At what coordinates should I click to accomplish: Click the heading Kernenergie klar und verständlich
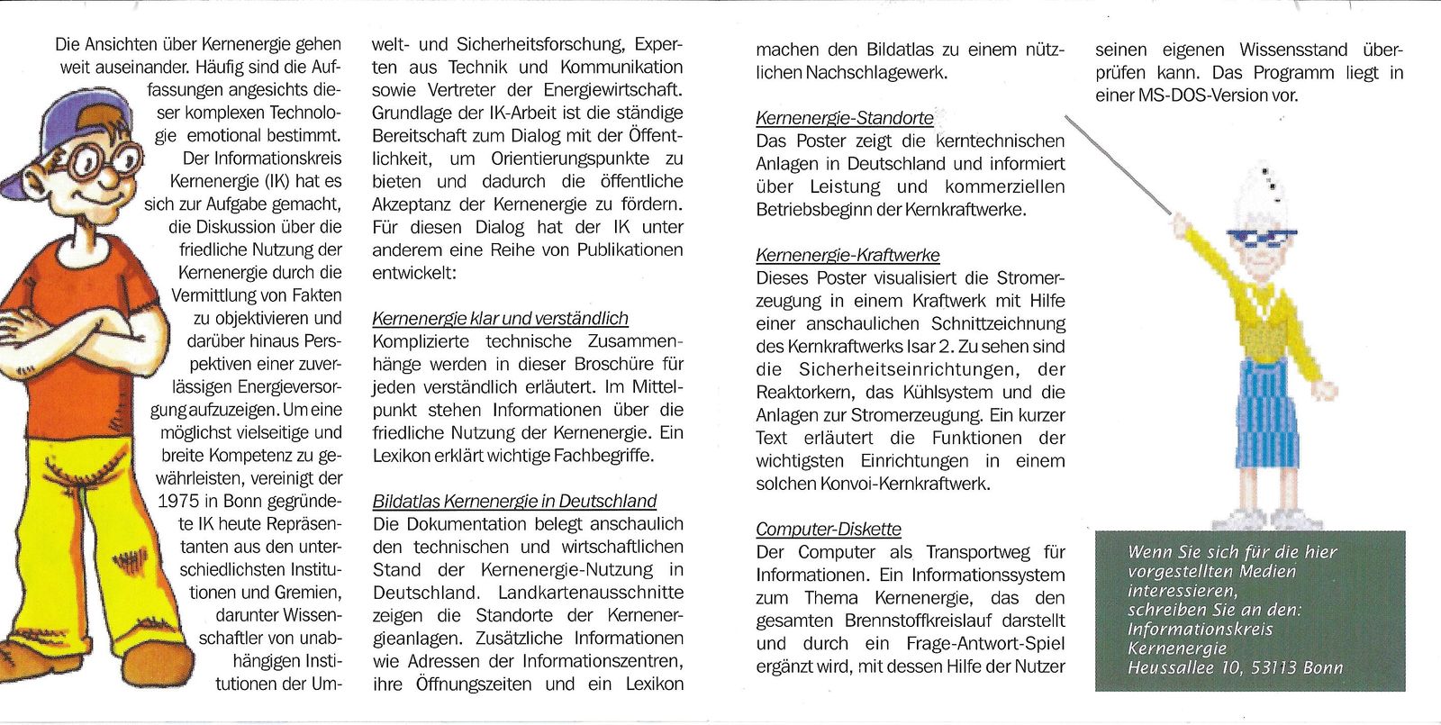coord(500,318)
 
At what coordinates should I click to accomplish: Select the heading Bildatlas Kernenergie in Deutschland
coord(514,501)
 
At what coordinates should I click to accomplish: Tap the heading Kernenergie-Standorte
coord(844,118)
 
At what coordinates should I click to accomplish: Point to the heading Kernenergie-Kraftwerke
coord(847,255)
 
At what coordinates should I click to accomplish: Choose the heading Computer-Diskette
coord(828,530)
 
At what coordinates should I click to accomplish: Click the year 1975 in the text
coord(177,502)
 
